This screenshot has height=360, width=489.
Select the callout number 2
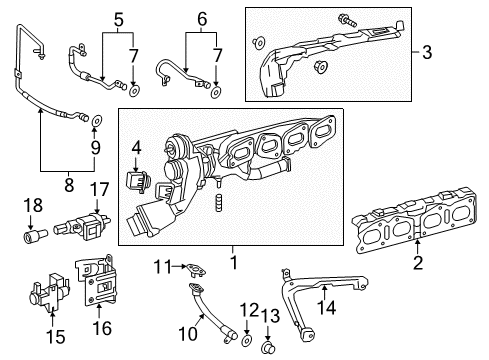click(x=417, y=263)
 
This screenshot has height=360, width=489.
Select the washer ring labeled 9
click(x=96, y=122)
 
